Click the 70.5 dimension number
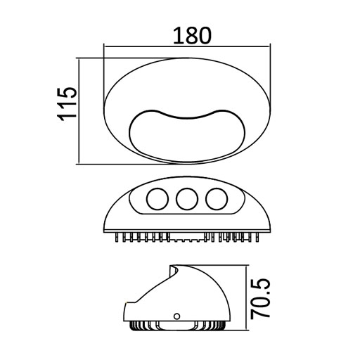point(263,299)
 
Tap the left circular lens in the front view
point(155,200)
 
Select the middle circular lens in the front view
point(186,200)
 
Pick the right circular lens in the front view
point(217,200)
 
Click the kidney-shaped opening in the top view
point(186,134)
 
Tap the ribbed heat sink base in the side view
point(176,328)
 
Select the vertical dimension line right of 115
point(79,111)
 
